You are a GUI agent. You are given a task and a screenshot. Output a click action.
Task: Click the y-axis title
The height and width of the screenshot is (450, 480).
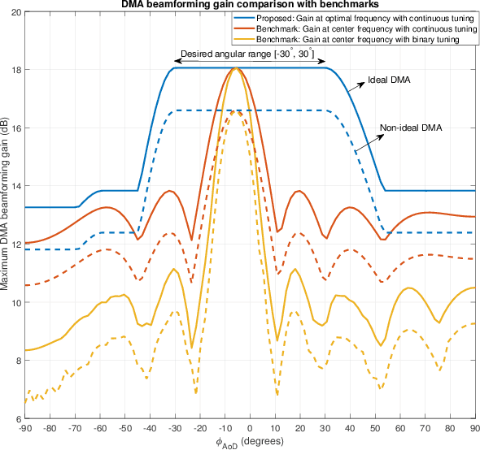[6, 215]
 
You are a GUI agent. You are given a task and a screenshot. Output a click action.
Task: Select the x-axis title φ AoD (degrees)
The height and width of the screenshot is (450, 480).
[251, 442]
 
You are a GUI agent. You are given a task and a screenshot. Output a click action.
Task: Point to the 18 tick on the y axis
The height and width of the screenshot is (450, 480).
[17, 70]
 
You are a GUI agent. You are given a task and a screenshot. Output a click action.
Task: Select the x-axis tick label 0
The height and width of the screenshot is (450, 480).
[251, 427]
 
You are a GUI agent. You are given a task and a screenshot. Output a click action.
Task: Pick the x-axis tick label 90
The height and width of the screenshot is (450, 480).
[474, 427]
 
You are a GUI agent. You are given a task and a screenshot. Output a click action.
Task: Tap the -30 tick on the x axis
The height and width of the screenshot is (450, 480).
[176, 427]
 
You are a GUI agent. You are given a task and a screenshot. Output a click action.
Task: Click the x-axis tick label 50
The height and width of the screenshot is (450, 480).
[375, 427]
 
